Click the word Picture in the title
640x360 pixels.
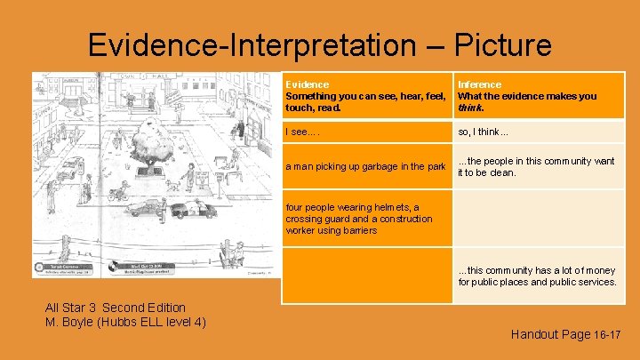click(503, 44)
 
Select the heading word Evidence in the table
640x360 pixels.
click(307, 84)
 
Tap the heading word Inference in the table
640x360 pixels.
click(479, 84)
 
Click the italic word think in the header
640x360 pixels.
click(469, 108)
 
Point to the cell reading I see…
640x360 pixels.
click(302, 132)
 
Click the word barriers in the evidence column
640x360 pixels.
click(362, 230)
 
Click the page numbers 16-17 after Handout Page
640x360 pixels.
click(606, 334)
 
